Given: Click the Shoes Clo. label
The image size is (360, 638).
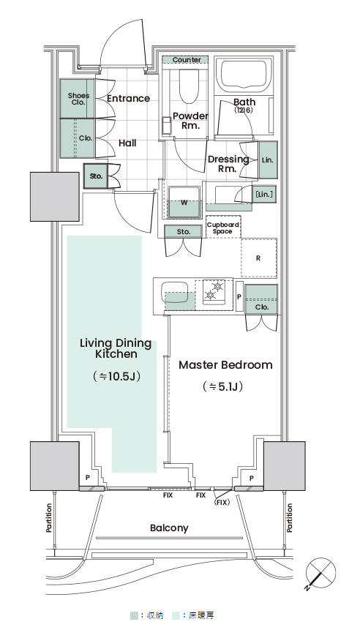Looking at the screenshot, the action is tap(78, 99).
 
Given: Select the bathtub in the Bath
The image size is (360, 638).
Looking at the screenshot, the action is tap(244, 75).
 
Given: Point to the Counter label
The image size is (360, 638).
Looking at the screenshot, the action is tap(187, 60).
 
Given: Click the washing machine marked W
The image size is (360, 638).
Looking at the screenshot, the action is tap(184, 202).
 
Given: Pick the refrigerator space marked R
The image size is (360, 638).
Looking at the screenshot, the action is tap(259, 258).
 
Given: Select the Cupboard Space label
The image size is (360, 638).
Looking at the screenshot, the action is tap(223, 228).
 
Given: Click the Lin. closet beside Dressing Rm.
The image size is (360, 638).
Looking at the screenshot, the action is tap(268, 159).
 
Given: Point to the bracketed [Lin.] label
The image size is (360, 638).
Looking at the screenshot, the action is tap(263, 194).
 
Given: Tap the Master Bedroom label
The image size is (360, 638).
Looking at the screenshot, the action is tap(226, 364).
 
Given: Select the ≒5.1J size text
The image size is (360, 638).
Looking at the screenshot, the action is tap(222, 386).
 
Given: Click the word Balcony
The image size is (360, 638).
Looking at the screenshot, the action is tap(169, 528).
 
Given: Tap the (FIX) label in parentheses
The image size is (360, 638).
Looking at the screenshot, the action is tap(222, 503).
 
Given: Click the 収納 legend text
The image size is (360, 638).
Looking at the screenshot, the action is tap(154, 615).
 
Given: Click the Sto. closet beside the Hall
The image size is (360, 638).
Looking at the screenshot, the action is tap(96, 176).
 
